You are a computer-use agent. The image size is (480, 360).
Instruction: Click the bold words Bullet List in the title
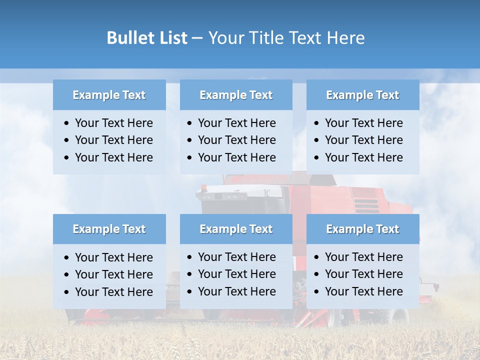pyautogui.click(x=146, y=38)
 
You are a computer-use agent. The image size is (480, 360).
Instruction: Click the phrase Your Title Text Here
pyautogui.click(x=286, y=38)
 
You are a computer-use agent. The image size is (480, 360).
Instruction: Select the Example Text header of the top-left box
pyautogui.click(x=109, y=95)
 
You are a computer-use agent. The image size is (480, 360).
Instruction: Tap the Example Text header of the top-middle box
pyautogui.click(x=236, y=95)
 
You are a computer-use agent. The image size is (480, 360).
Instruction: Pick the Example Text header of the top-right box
pyautogui.click(x=362, y=95)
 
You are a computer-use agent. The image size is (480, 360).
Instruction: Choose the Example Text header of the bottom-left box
pyautogui.click(x=109, y=229)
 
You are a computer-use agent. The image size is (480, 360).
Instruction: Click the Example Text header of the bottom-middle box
pyautogui.click(x=236, y=229)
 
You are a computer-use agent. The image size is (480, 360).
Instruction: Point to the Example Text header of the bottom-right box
pyautogui.click(x=362, y=229)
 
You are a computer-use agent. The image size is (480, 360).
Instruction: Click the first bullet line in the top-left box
pyautogui.click(x=113, y=123)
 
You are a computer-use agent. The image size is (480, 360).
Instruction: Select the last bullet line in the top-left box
pyautogui.click(x=113, y=157)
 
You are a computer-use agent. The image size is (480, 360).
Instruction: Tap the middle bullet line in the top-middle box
pyautogui.click(x=236, y=140)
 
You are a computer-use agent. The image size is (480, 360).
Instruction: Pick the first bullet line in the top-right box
pyautogui.click(x=363, y=123)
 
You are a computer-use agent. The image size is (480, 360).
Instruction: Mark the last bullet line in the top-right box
pyautogui.click(x=363, y=157)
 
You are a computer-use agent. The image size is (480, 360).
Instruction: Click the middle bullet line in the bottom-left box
pyautogui.click(x=113, y=274)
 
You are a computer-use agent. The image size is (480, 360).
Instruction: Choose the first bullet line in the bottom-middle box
pyautogui.click(x=236, y=257)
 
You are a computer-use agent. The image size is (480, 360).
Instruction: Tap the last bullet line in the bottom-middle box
pyautogui.click(x=236, y=291)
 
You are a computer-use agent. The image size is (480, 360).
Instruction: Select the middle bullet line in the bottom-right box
pyautogui.click(x=363, y=274)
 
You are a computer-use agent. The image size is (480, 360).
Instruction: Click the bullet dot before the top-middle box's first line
pyautogui.click(x=190, y=123)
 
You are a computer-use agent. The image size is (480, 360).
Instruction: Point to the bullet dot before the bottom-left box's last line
pyautogui.click(x=67, y=292)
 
